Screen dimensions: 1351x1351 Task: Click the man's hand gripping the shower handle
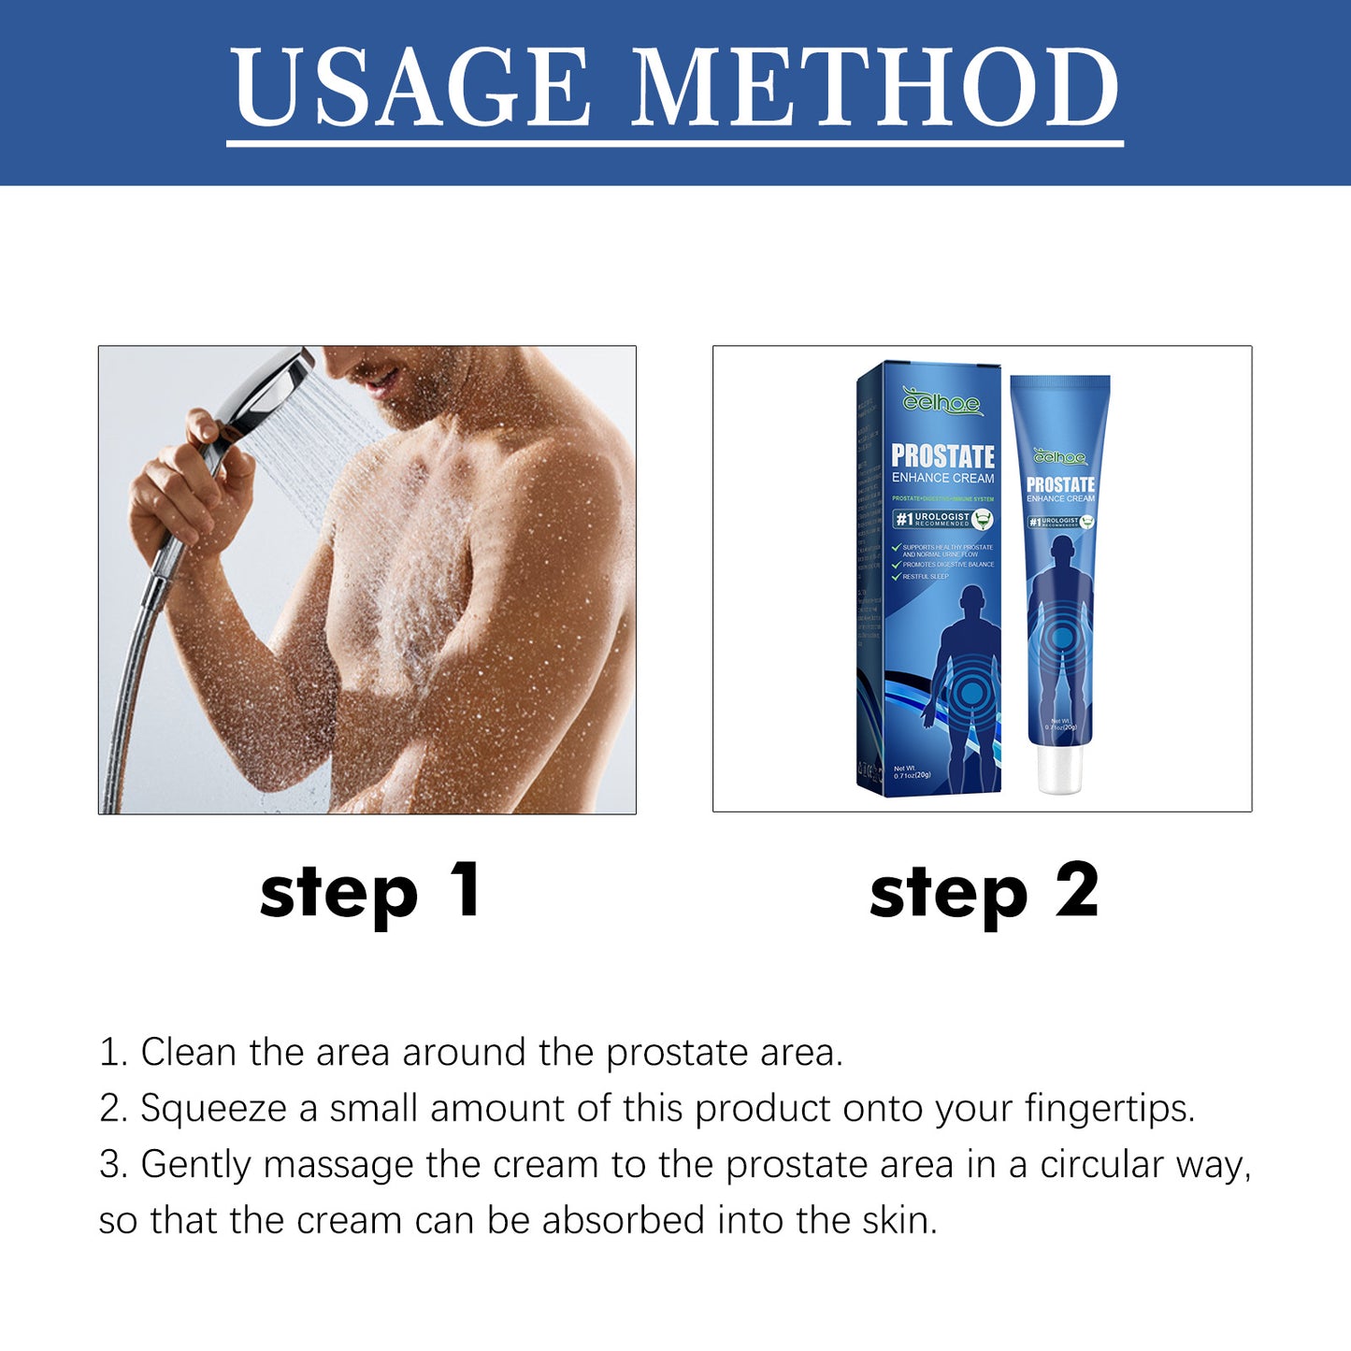point(182,486)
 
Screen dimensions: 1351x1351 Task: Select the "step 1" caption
point(370,892)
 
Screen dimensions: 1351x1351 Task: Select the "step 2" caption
point(984,892)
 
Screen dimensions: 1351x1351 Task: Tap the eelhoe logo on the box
point(941,403)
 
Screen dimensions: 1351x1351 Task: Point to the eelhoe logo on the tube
point(1060,457)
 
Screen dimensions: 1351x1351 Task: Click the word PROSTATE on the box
point(942,456)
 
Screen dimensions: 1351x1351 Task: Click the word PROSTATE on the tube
point(1060,484)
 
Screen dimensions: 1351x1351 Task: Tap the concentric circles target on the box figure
point(972,693)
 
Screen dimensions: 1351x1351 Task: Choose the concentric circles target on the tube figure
point(1062,638)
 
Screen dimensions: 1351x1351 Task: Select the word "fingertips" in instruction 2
point(1109,1109)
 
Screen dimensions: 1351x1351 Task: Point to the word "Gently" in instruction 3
point(195,1165)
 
